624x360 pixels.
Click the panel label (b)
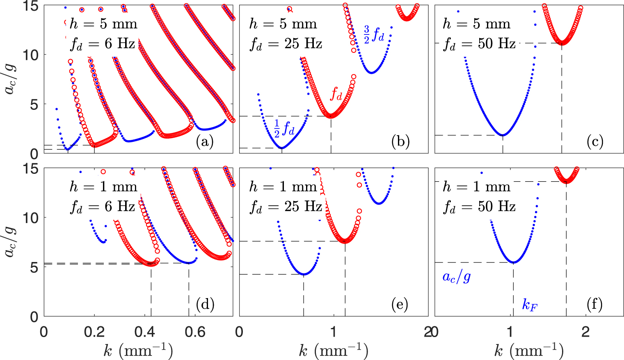pyautogui.click(x=400, y=142)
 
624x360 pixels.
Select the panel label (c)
pyautogui.click(x=595, y=142)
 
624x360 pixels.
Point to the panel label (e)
pyautogui.click(x=400, y=305)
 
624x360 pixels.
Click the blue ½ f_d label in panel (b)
pyautogui.click(x=284, y=128)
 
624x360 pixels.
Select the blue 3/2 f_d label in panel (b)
pyautogui.click(x=374, y=34)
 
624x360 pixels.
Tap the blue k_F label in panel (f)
pyautogui.click(x=530, y=305)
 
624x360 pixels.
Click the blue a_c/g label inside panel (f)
pyautogui.click(x=456, y=277)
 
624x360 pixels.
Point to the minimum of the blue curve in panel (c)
pyautogui.click(x=503, y=135)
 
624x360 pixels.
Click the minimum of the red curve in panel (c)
pyautogui.click(x=562, y=43)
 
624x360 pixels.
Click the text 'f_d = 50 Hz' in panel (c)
pyautogui.click(x=479, y=44)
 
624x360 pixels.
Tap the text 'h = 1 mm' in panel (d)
pyautogui.click(x=103, y=187)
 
